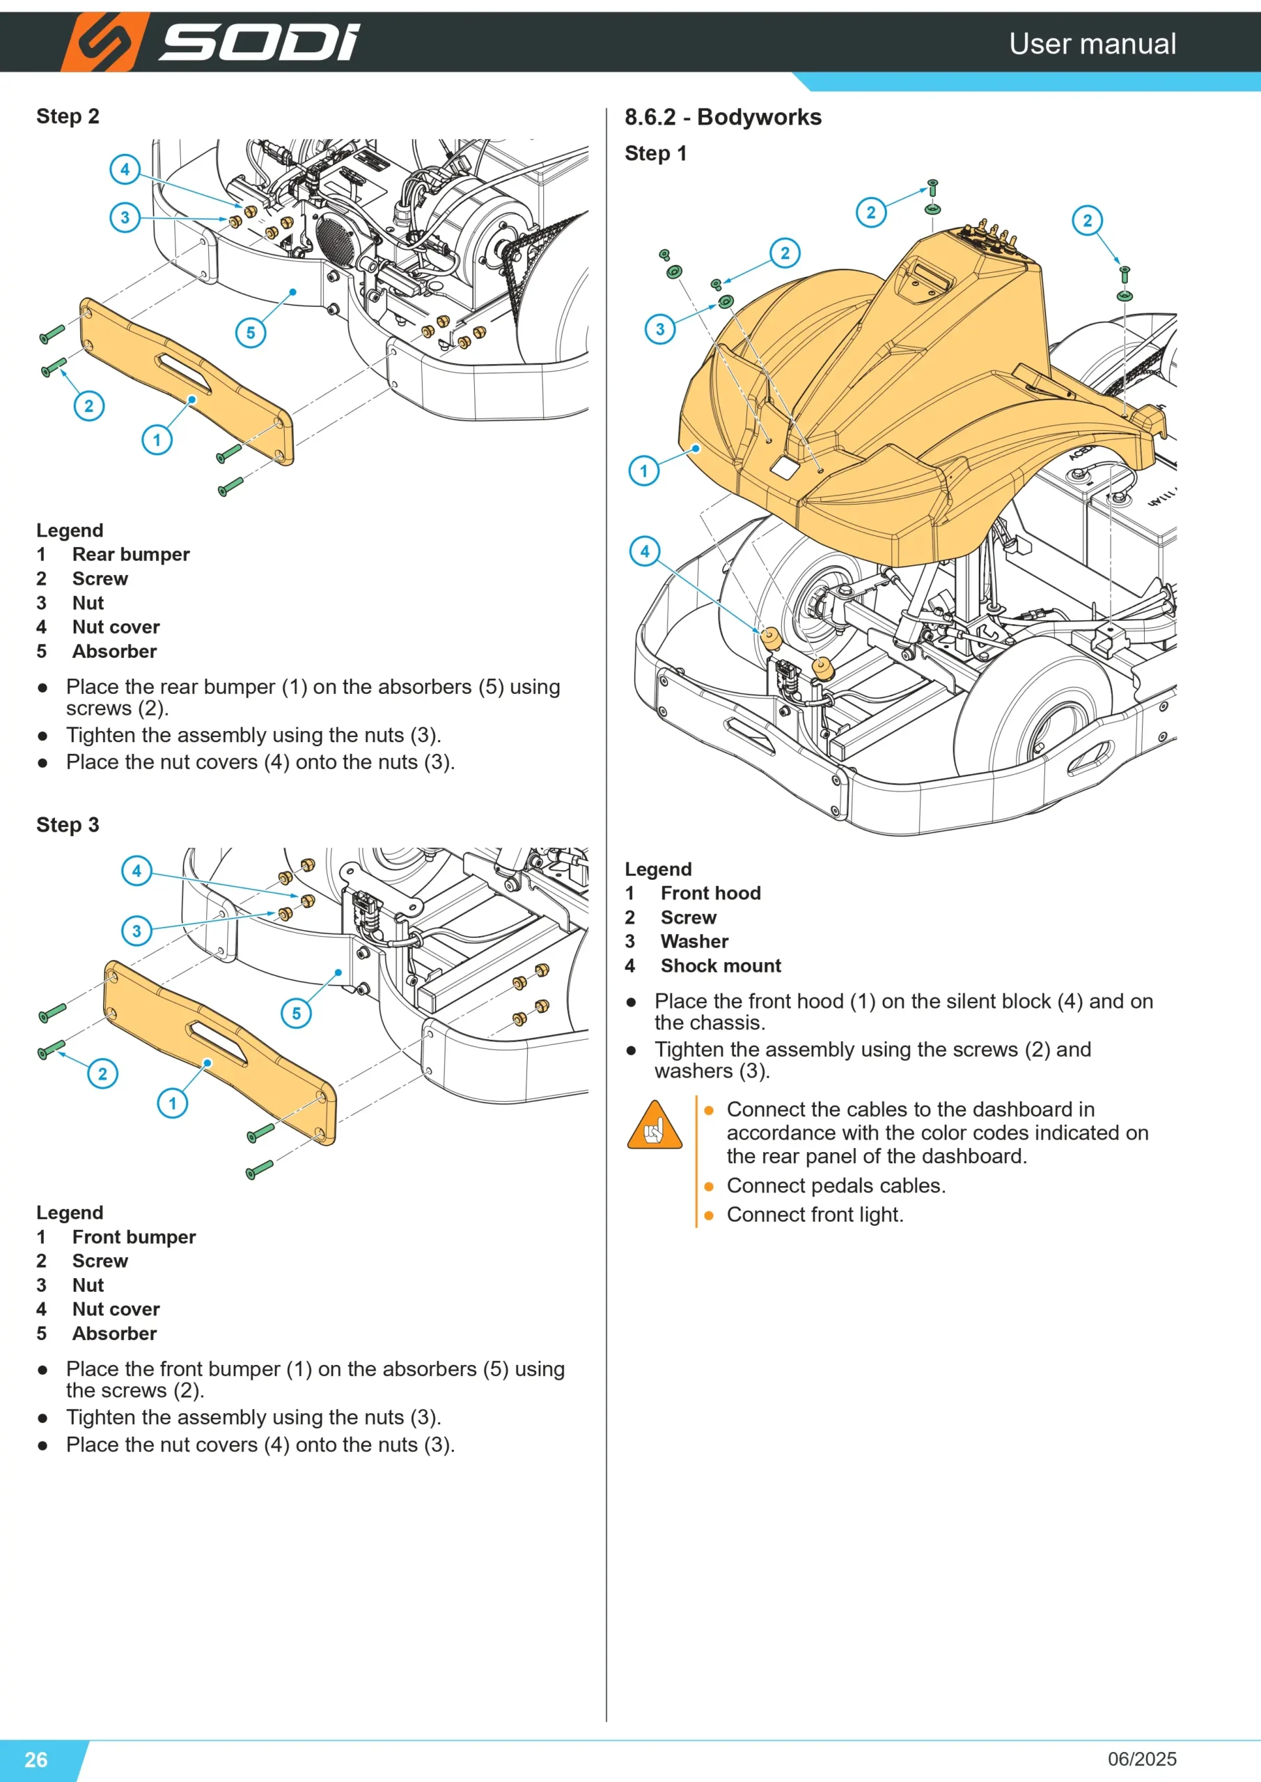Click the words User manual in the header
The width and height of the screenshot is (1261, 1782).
point(1092,43)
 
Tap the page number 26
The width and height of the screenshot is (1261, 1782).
point(36,1759)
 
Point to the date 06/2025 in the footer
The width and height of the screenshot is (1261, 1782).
point(1142,1759)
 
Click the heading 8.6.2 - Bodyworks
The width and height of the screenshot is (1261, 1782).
point(723,117)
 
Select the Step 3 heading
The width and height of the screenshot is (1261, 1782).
point(68,824)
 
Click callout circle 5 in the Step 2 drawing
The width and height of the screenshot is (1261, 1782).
point(251,333)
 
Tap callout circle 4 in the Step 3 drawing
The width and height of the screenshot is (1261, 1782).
point(136,870)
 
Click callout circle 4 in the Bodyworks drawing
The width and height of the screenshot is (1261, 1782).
point(645,551)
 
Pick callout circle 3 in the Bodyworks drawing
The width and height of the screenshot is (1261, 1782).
point(660,329)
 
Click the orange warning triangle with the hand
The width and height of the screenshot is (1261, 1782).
point(655,1125)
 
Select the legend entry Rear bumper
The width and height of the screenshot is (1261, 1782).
point(130,554)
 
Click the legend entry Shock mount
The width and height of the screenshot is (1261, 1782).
point(721,965)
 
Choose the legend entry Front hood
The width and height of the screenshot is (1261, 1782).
point(710,892)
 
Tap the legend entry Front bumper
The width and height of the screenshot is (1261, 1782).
point(134,1236)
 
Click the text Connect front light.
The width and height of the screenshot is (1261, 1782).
point(815,1215)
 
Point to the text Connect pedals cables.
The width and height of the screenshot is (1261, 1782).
point(836,1185)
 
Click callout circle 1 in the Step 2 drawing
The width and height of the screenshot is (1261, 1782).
point(157,440)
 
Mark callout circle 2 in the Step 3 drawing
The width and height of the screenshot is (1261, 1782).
point(102,1073)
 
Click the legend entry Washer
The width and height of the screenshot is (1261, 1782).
point(694,941)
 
